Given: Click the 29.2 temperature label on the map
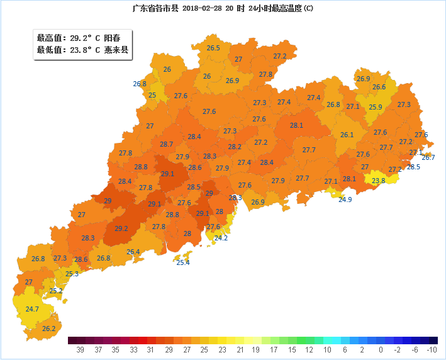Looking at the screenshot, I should coord(121,228).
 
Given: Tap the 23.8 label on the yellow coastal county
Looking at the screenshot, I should coord(378,181).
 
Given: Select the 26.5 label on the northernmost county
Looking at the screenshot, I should coord(213,48).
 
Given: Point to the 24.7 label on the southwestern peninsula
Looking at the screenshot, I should coord(32,309).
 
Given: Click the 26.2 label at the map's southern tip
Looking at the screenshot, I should coord(48,329).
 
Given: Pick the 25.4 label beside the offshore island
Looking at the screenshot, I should coord(182,262).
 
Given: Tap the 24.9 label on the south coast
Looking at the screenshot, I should coord(345,200).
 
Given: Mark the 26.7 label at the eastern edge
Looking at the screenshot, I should coord(428,157).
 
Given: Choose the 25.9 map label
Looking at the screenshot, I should coord(375,107).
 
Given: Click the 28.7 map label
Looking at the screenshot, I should coord(166,144).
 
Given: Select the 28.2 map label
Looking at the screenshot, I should coord(235,147).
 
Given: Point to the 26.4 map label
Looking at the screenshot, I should coord(133,252).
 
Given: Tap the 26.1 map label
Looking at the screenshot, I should coord(347,135).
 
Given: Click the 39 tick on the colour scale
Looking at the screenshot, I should coord(80,349).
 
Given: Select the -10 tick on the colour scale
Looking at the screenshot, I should coord(432,349).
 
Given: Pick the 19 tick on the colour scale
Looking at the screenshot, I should coord(256,349).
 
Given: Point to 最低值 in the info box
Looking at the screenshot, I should coord(48,50).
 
